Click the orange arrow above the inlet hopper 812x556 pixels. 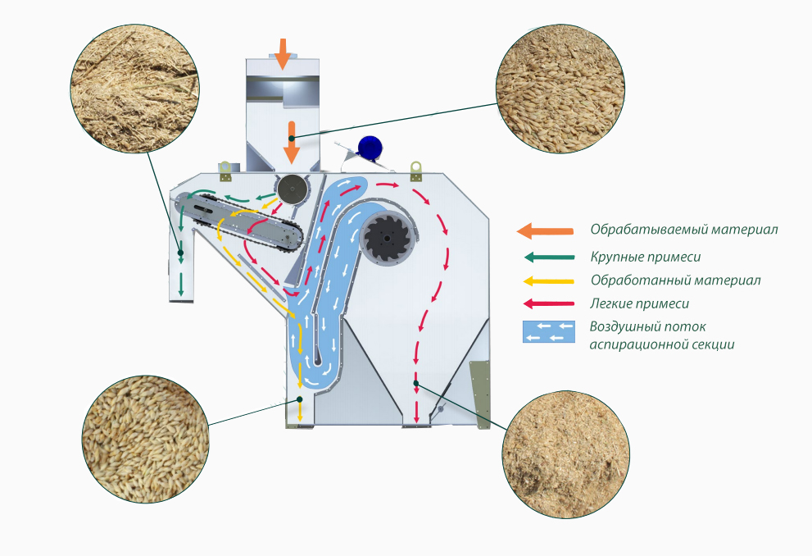[x=282, y=53]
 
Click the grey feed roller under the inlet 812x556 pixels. [x=292, y=190]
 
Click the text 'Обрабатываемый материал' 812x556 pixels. [x=684, y=229]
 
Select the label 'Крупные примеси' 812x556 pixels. [x=646, y=257]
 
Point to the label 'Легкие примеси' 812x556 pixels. [x=640, y=303]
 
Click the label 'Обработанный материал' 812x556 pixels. [x=675, y=280]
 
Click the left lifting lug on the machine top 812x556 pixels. [x=225, y=169]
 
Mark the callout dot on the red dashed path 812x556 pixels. [x=416, y=383]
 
